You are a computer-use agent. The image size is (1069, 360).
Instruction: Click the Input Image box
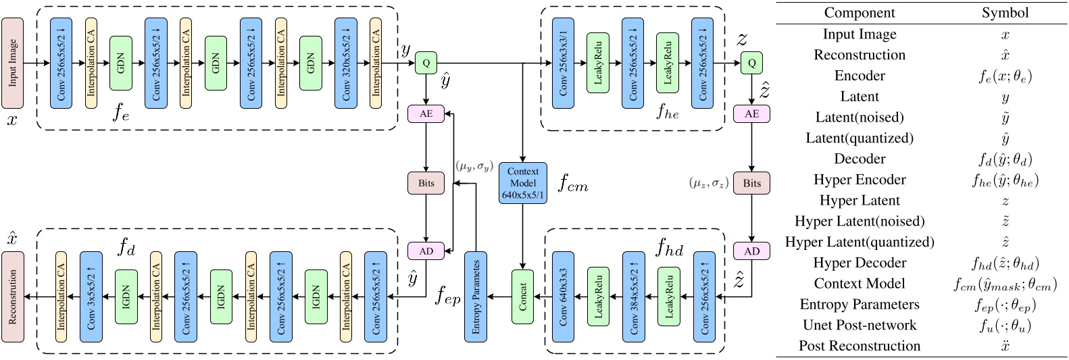pos(12,63)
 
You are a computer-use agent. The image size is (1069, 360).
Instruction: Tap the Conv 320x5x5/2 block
pos(345,63)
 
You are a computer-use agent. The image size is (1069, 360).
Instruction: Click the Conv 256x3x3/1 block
pos(563,63)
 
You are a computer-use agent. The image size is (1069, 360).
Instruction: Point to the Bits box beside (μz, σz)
pos(751,183)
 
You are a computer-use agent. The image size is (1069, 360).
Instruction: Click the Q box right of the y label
pos(426,63)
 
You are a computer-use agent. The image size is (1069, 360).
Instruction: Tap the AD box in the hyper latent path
pos(751,251)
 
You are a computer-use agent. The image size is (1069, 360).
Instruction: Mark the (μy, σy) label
pos(474,165)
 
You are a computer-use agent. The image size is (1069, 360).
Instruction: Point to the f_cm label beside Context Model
pos(573,184)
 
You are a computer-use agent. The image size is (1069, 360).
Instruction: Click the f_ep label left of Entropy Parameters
pos(447,296)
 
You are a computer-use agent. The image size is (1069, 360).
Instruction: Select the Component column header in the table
pos(859,13)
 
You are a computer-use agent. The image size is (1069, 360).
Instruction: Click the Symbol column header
pos(1005,13)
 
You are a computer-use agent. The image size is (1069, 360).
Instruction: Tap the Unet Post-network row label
pos(859,325)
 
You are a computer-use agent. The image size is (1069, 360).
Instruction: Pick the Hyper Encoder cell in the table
pos(859,180)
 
